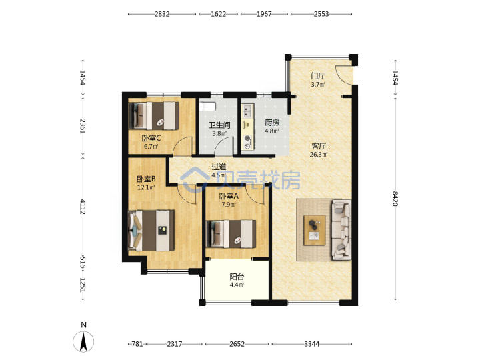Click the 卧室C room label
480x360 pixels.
pos(151,138)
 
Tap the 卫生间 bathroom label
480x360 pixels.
pos(219,125)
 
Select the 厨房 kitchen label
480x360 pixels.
pos(272,123)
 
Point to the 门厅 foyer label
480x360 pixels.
pos(318,75)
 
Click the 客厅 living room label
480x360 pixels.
pos(319,146)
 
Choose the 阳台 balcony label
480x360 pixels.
pos(237,277)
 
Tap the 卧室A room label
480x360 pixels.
pos(229,196)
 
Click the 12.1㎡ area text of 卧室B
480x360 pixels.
pos(146,187)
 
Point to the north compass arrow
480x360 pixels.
pos(83,341)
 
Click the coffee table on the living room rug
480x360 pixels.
pos(315,230)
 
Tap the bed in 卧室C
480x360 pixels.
pos(154,116)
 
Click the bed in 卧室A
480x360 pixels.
pos(231,234)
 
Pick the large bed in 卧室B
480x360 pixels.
pos(151,230)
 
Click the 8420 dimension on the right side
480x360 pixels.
pos(395,199)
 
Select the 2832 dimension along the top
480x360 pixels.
pos(162,14)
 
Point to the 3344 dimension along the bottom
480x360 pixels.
pos(311,344)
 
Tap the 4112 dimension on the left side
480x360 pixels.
pos(83,206)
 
